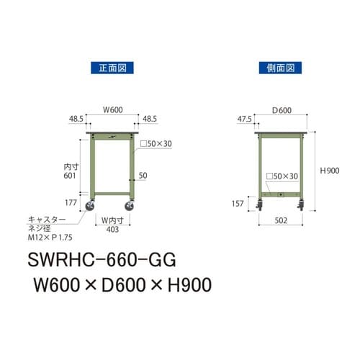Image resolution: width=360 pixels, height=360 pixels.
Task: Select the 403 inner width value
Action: (x=112, y=230)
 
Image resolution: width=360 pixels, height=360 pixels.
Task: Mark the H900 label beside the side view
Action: (x=330, y=171)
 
